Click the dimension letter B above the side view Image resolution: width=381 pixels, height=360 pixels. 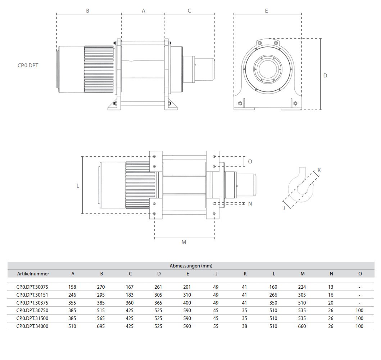[87, 11]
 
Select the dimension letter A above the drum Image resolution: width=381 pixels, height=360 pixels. [143, 11]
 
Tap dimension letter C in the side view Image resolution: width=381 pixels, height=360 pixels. [189, 11]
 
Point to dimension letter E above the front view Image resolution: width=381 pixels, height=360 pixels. [266, 11]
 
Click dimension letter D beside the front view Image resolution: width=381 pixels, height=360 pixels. [325, 76]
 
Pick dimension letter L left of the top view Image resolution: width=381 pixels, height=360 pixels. [78, 186]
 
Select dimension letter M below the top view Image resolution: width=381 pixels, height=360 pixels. [184, 242]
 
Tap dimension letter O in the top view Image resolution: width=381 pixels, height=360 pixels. [250, 162]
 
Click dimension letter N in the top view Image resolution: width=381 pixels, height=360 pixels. [250, 203]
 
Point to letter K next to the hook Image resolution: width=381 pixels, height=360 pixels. [319, 170]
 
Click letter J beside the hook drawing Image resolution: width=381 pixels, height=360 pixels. [284, 208]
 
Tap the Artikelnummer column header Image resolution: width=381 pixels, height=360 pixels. [33, 274]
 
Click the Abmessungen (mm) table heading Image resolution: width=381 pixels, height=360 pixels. [191, 266]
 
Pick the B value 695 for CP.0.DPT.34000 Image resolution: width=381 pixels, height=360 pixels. [101, 326]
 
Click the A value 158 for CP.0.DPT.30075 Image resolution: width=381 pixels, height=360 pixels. [73, 287]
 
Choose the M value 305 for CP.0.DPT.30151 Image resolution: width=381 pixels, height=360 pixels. [303, 295]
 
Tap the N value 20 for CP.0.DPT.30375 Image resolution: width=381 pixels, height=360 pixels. [331, 303]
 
